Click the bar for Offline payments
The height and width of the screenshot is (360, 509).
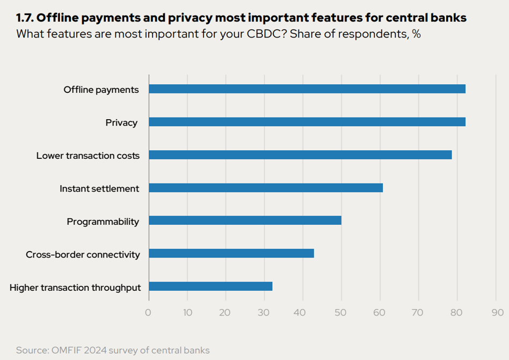click(x=307, y=89)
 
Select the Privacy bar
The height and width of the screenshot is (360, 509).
click(x=307, y=122)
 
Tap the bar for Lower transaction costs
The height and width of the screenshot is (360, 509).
click(x=300, y=155)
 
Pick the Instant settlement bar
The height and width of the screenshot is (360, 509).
click(x=266, y=188)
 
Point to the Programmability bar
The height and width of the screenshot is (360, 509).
click(x=245, y=221)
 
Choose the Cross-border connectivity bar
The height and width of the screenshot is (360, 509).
click(x=231, y=253)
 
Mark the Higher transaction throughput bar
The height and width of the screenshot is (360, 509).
click(x=210, y=286)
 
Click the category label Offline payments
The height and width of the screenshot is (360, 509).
click(x=101, y=90)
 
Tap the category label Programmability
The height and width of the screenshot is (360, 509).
click(x=103, y=222)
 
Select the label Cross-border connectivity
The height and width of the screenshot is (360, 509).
click(x=83, y=254)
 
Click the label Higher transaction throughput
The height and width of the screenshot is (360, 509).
click(x=75, y=288)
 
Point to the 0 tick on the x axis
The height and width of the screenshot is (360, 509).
click(x=148, y=312)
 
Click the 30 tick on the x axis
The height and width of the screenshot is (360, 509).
click(x=264, y=312)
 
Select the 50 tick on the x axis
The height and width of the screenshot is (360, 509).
click(x=341, y=312)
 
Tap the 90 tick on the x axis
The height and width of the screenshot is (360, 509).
click(x=497, y=312)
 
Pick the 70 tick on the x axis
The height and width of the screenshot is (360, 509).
click(x=419, y=312)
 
